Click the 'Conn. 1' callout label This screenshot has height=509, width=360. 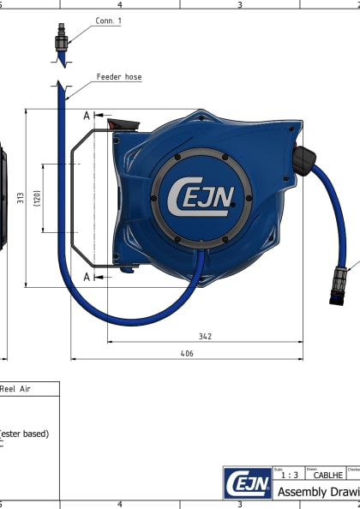[x=109, y=20]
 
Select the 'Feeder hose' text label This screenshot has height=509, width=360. [x=119, y=77]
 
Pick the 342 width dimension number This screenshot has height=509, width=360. [x=205, y=337]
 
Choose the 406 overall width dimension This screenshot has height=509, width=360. [x=186, y=353]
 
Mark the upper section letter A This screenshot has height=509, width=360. [x=87, y=115]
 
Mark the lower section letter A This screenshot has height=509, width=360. [x=87, y=277]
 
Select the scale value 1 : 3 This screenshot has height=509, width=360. [x=291, y=475]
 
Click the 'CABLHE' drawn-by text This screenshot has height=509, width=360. [x=328, y=475]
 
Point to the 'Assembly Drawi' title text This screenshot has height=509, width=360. [x=318, y=491]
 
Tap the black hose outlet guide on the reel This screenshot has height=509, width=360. [x=303, y=159]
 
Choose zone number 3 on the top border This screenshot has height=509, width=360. [x=239, y=4]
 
